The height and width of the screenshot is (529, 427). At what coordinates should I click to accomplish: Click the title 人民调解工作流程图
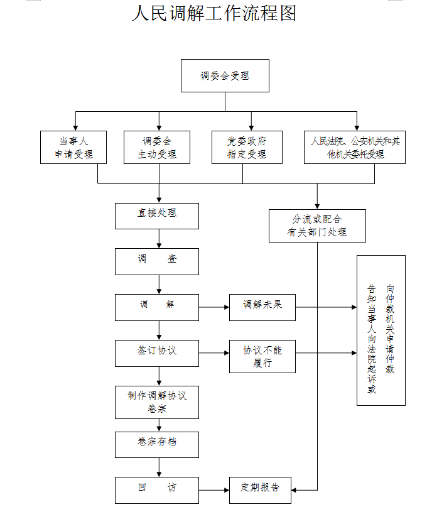(x=213, y=13)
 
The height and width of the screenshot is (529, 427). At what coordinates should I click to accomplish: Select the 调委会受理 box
(x=225, y=76)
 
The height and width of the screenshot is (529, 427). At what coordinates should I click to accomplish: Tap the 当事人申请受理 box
(x=73, y=148)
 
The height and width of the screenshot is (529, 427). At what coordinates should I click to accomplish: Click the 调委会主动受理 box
(x=157, y=148)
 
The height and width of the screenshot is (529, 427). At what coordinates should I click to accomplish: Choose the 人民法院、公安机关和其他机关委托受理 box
(x=355, y=148)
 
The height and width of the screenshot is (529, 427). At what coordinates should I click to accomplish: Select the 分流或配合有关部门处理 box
(x=317, y=226)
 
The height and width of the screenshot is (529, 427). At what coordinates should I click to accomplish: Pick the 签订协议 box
(x=157, y=353)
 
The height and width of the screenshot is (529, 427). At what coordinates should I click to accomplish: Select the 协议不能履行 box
(x=262, y=356)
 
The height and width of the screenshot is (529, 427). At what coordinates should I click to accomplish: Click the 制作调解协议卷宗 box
(x=157, y=402)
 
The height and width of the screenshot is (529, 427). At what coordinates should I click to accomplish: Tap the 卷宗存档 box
(x=157, y=444)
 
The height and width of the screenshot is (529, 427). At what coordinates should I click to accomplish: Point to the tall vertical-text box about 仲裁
(x=381, y=330)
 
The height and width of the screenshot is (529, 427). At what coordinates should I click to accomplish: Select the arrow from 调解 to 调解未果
(x=213, y=307)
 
